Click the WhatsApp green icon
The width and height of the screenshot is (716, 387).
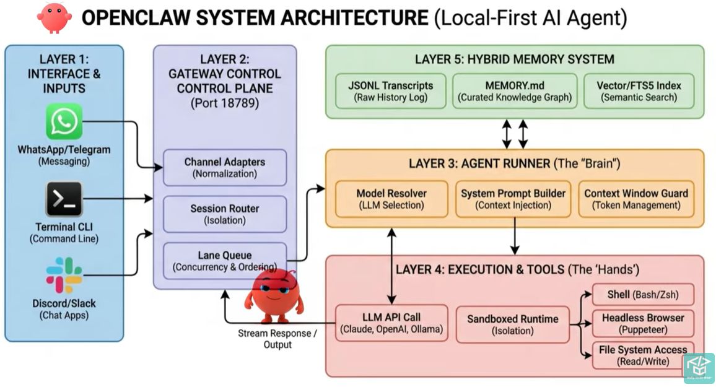(64, 121)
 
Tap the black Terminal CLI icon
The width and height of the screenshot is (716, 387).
(64, 199)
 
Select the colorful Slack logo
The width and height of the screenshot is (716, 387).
(64, 276)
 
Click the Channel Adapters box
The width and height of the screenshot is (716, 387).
(224, 167)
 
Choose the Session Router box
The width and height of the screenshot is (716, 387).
(224, 214)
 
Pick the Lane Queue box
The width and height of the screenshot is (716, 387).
(224, 261)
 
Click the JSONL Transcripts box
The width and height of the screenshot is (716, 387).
(390, 91)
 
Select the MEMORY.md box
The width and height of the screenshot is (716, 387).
(515, 91)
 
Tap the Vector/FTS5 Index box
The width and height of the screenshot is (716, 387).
(638, 91)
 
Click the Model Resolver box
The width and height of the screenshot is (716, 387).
(391, 199)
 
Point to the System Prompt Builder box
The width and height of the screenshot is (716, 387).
(513, 199)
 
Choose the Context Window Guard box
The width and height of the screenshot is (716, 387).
(636, 199)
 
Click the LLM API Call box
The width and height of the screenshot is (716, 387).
(391, 323)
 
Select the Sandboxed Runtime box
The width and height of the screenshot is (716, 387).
(512, 324)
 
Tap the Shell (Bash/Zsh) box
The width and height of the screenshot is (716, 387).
(642, 295)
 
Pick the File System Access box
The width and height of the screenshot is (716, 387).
(642, 355)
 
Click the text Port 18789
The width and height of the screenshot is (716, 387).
(224, 103)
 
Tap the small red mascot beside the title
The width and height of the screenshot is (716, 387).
(54, 17)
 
